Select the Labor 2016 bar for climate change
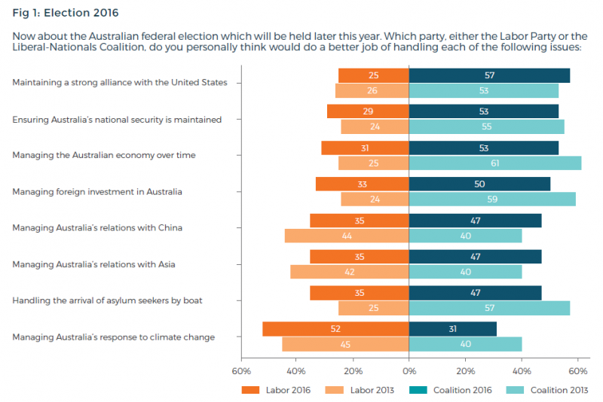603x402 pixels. click(x=335, y=329)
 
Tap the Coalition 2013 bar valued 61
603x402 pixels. click(x=494, y=163)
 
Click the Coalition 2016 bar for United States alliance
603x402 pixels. click(x=489, y=75)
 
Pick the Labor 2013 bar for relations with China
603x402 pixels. click(x=347, y=236)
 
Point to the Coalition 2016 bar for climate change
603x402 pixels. click(x=452, y=329)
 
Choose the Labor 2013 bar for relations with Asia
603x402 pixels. click(x=349, y=272)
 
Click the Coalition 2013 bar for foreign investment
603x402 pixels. click(x=492, y=199)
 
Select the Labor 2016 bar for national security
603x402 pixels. click(x=368, y=111)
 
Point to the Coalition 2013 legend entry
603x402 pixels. click(x=548, y=390)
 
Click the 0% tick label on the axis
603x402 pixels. click(x=409, y=371)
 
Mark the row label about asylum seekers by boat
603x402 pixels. click(x=107, y=300)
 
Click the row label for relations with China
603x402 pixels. click(x=97, y=227)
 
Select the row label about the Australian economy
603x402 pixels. click(x=104, y=155)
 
